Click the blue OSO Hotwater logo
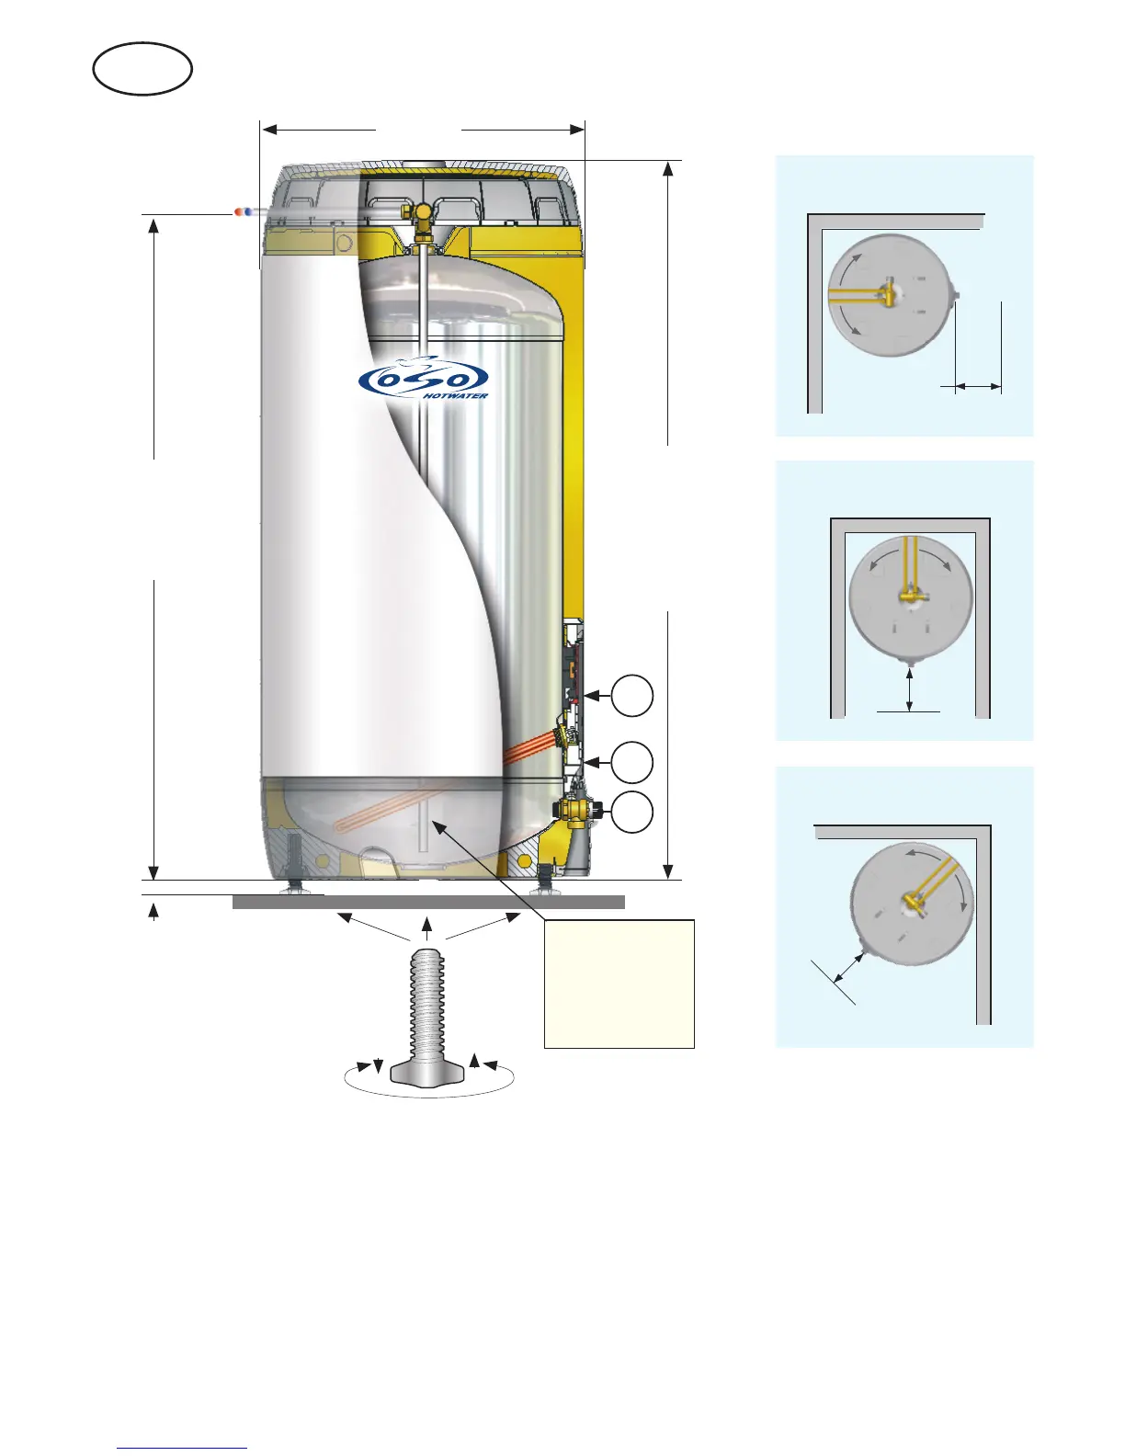click(424, 380)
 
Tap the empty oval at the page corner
click(142, 69)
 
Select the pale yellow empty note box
click(619, 983)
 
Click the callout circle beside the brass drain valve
click(632, 813)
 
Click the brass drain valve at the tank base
click(576, 811)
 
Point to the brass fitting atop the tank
click(423, 217)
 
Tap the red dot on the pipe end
click(239, 212)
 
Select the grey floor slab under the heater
click(428, 902)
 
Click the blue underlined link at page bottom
click(182, 1448)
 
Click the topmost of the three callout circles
click(632, 696)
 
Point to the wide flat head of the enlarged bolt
click(427, 1073)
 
